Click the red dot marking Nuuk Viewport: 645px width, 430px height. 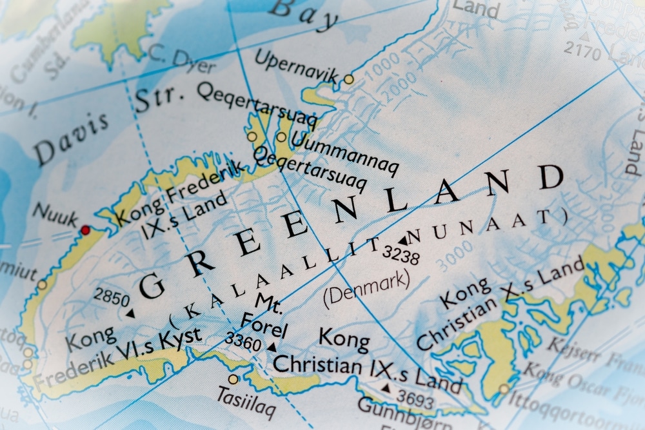[x=85, y=230]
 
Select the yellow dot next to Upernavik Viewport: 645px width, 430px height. [x=349, y=79]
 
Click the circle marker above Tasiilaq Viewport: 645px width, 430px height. [x=233, y=379]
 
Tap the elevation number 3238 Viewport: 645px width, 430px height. [x=401, y=255]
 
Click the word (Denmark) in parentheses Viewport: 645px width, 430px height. [x=366, y=286]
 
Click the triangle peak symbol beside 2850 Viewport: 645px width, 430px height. [x=130, y=314]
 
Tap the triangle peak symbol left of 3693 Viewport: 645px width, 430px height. [x=386, y=389]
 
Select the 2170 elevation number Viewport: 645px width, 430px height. [x=582, y=50]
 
